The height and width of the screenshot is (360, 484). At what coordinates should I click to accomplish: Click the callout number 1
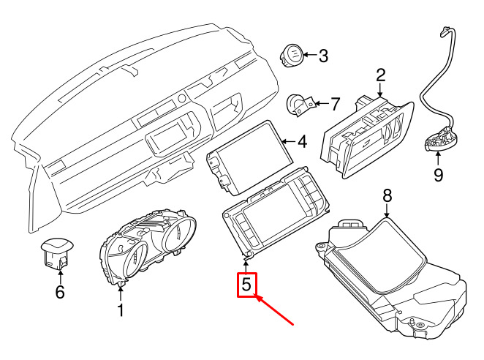click(121, 310)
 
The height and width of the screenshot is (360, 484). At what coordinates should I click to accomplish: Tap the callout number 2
click(381, 75)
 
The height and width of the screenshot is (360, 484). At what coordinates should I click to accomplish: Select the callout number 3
click(322, 55)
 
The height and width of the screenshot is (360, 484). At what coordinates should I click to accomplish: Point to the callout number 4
click(302, 140)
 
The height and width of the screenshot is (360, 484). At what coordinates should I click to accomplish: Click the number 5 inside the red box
click(246, 284)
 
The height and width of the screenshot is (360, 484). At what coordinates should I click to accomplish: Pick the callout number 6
click(60, 293)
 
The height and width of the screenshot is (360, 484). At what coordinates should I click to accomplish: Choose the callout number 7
click(336, 104)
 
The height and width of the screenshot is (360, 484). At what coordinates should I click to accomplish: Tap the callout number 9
click(438, 175)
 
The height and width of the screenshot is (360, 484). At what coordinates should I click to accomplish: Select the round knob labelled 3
click(292, 54)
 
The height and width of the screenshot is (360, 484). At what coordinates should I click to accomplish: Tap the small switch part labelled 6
click(56, 252)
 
